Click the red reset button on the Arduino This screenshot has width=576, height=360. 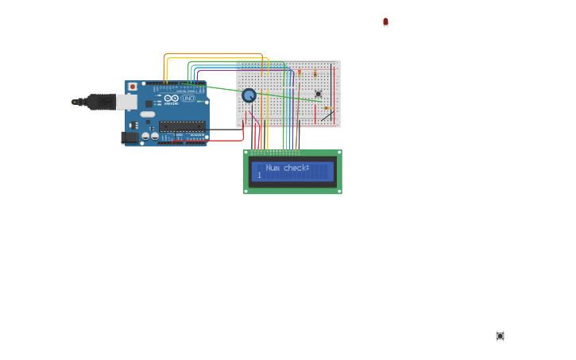coord(133,87)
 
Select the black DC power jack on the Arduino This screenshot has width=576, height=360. coord(129,137)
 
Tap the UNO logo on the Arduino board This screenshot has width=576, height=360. coord(187,99)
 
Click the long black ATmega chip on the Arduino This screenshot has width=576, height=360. coord(182,126)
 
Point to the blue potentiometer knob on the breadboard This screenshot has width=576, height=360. coord(249,95)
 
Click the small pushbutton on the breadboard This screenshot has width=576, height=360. coord(319,94)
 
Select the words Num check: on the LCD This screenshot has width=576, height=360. coord(287,168)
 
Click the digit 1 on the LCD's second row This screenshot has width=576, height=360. coord(259,175)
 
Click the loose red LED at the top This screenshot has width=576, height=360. coord(385,22)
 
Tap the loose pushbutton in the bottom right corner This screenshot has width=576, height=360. coord(500,336)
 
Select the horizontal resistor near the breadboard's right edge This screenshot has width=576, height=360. coord(327,108)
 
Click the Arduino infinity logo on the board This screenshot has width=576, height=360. coord(170,99)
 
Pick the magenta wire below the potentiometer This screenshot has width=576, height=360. coord(254,119)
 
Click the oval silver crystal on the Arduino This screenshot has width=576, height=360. coord(148,114)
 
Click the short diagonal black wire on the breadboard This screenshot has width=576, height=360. coord(327,116)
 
